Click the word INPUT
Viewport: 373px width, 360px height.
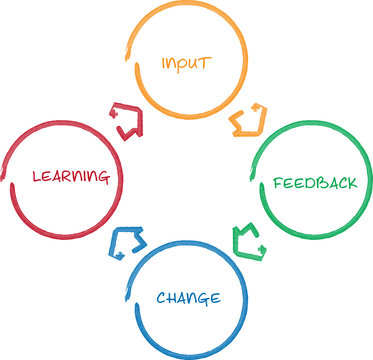[187, 62]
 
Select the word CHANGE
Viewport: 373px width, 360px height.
[188, 297]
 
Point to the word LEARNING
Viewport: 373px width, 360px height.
[70, 177]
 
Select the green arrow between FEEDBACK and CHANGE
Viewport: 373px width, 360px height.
[248, 241]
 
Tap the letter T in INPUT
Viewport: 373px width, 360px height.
[208, 62]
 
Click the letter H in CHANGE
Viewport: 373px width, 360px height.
[173, 297]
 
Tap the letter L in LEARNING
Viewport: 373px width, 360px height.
[36, 177]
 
